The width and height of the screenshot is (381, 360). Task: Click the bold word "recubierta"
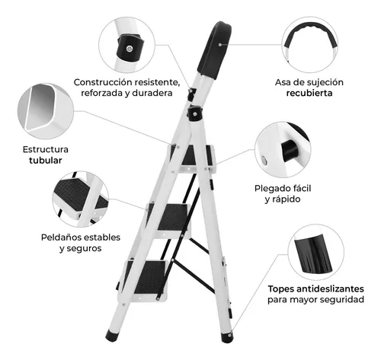309,93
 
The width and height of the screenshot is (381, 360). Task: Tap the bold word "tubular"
46,161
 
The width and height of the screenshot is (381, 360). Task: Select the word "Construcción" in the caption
103,82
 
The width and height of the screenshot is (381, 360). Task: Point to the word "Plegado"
271,189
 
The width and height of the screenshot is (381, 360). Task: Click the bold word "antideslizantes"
330,288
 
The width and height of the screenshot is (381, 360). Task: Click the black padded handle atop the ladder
215,49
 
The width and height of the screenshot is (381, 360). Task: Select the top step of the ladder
192,158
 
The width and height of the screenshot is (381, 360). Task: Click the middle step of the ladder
168,219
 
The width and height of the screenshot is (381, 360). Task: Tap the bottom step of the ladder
143,279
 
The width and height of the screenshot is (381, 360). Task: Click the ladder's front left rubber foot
112,336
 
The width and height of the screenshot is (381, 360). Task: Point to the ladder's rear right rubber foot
227,336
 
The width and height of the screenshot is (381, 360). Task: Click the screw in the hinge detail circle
130,48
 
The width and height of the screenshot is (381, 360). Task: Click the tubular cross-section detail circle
46,111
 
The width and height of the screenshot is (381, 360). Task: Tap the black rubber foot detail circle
316,252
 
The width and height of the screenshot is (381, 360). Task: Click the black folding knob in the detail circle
290,151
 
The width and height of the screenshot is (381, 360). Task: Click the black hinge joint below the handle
195,113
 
